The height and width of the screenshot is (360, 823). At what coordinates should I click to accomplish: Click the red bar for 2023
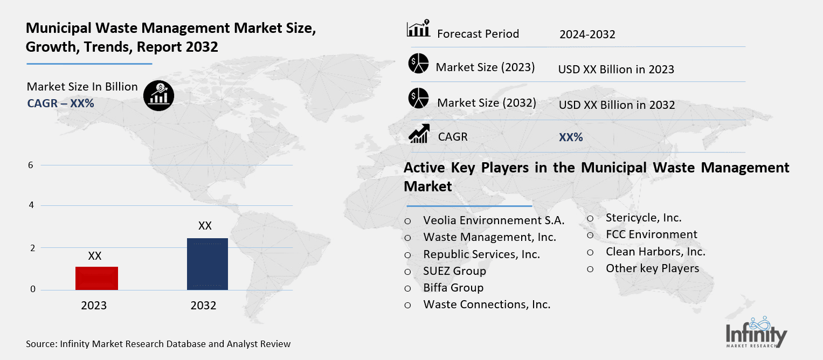point(97,278)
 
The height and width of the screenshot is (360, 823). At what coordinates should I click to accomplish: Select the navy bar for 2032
point(207,264)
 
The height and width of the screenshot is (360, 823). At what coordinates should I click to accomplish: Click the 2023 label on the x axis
point(94,306)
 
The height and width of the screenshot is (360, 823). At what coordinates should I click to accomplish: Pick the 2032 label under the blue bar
point(203,306)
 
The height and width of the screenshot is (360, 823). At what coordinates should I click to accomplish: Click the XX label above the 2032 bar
point(205,225)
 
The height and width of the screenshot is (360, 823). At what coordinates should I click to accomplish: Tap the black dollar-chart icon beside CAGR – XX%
point(158,95)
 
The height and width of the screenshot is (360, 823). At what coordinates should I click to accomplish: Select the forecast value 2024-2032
point(587,34)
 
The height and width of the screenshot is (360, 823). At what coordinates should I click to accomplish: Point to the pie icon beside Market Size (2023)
point(418,64)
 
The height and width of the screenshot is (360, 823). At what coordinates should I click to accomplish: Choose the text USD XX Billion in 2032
point(617,105)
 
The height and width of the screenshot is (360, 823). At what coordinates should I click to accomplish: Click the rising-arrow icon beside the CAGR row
point(419,134)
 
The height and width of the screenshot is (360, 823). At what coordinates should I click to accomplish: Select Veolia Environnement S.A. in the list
point(494,220)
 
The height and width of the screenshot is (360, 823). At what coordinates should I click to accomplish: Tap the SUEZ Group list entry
point(454,271)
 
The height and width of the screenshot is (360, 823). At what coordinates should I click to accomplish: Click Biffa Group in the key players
point(453,287)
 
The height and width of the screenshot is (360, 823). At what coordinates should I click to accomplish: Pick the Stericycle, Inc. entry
point(644,218)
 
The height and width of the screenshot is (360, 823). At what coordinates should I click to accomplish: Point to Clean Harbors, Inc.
point(655,251)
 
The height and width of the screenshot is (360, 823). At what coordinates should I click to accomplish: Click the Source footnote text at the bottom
point(158,344)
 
